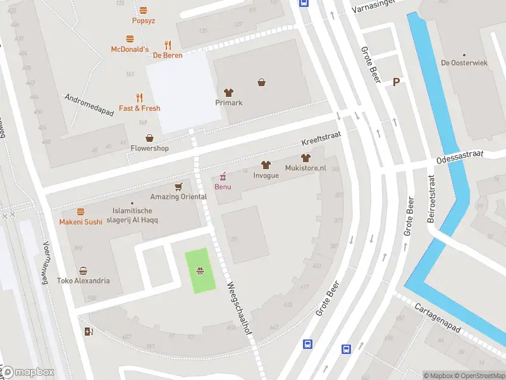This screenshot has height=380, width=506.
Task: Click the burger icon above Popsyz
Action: click(x=144, y=10)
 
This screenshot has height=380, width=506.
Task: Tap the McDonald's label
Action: click(x=130, y=49)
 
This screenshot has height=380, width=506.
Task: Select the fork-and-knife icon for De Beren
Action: click(x=168, y=45)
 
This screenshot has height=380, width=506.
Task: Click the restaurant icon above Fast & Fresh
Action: click(x=140, y=98)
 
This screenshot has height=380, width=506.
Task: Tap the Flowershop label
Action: click(x=149, y=149)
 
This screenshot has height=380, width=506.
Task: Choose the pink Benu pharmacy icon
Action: click(x=223, y=177)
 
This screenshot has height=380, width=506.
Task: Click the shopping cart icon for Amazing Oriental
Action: click(x=178, y=186)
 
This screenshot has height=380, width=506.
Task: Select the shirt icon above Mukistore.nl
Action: click(x=305, y=158)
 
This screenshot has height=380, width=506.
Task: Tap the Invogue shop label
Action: click(x=266, y=175)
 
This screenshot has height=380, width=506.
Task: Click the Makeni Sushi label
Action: click(x=80, y=222)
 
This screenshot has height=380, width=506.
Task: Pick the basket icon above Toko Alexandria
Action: click(x=83, y=270)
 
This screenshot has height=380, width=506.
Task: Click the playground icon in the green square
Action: click(x=200, y=271)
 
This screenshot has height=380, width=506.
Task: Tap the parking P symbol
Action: click(x=397, y=82)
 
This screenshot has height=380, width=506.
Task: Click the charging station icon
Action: click(x=88, y=331)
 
